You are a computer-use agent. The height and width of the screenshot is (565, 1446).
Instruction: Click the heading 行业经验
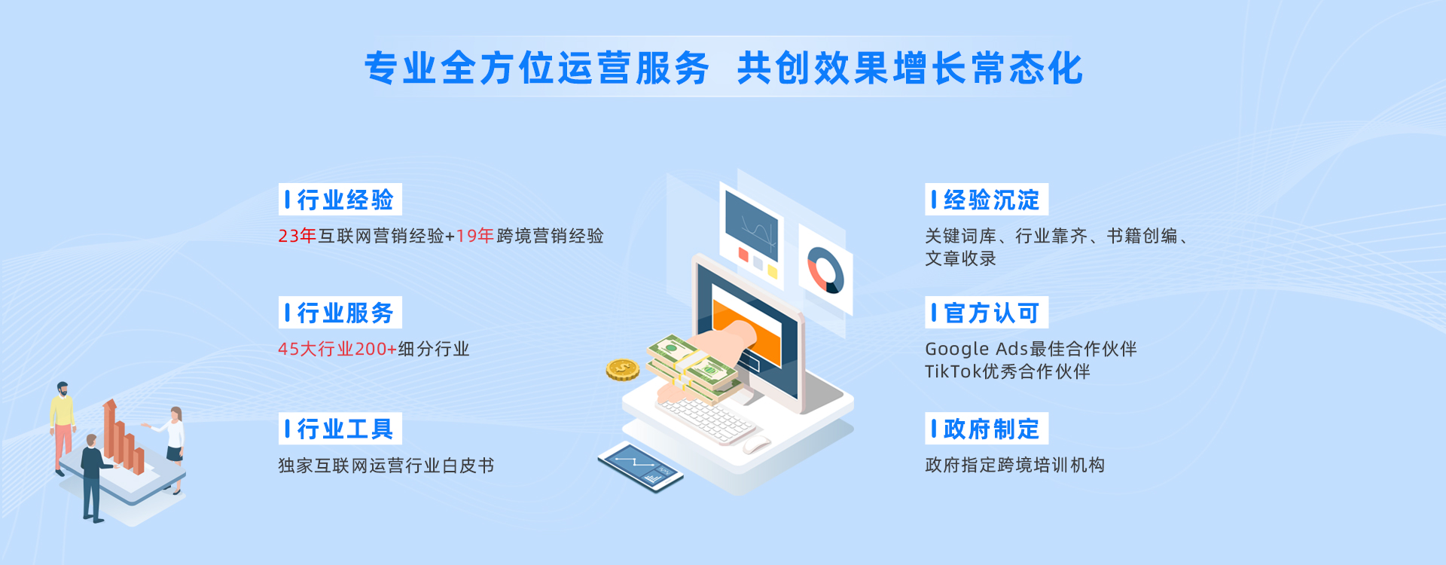tap(345, 200)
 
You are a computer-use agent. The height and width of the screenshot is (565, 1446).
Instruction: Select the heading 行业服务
tap(345, 313)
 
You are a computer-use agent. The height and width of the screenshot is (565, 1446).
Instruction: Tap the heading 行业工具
tap(345, 429)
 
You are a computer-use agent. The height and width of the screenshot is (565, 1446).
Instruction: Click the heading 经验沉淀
tap(991, 200)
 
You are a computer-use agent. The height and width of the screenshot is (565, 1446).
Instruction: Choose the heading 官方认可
tap(991, 313)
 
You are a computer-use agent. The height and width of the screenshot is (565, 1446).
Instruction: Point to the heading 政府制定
tap(991, 429)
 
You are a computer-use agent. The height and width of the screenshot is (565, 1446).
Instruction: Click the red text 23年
tap(297, 236)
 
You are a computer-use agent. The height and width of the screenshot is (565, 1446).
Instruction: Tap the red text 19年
tap(474, 236)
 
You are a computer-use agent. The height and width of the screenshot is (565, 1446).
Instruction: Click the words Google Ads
tap(976, 349)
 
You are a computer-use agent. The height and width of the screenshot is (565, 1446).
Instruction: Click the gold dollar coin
tap(623, 369)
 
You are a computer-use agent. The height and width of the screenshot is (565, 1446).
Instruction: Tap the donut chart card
tap(825, 269)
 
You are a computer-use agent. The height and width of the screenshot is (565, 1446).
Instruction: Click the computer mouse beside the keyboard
tap(756, 444)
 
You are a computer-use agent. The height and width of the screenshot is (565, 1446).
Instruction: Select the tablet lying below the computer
tap(640, 466)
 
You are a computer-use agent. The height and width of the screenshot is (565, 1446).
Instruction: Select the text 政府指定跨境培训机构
tap(1015, 466)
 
